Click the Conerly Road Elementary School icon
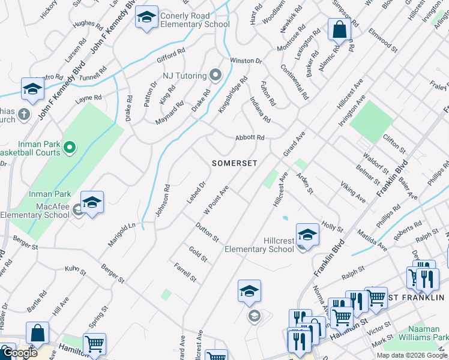[146, 18]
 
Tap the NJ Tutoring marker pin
[215, 76]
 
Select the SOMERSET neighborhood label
[235, 163]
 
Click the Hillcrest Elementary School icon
[307, 235]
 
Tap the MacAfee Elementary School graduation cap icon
[92, 203]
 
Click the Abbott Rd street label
[250, 137]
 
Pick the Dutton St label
[207, 232]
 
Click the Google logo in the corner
[19, 353]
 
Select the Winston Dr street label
[246, 61]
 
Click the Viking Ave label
[353, 191]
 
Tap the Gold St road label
[198, 254]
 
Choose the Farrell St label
[185, 272]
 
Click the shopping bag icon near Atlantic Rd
[339, 29]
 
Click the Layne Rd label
[88, 99]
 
